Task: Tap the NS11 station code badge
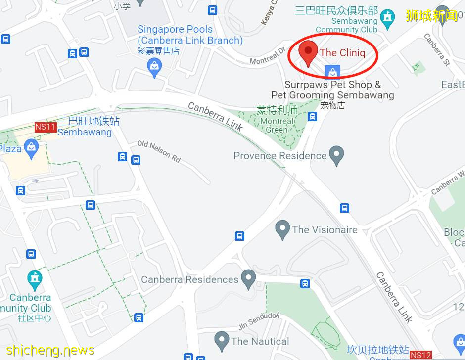[45, 127]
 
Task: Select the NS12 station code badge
[420, 355]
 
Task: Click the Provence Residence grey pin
[337, 155]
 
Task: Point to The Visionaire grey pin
[283, 230]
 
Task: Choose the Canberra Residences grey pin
[248, 279]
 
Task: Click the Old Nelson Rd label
[159, 151]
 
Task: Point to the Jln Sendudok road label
[259, 321]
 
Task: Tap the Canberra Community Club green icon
[34, 280]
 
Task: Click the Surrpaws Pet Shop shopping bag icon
[333, 72]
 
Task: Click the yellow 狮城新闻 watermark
[431, 15]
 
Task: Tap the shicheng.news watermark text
[47, 350]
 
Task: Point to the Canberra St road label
[436, 49]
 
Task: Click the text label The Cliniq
[342, 52]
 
